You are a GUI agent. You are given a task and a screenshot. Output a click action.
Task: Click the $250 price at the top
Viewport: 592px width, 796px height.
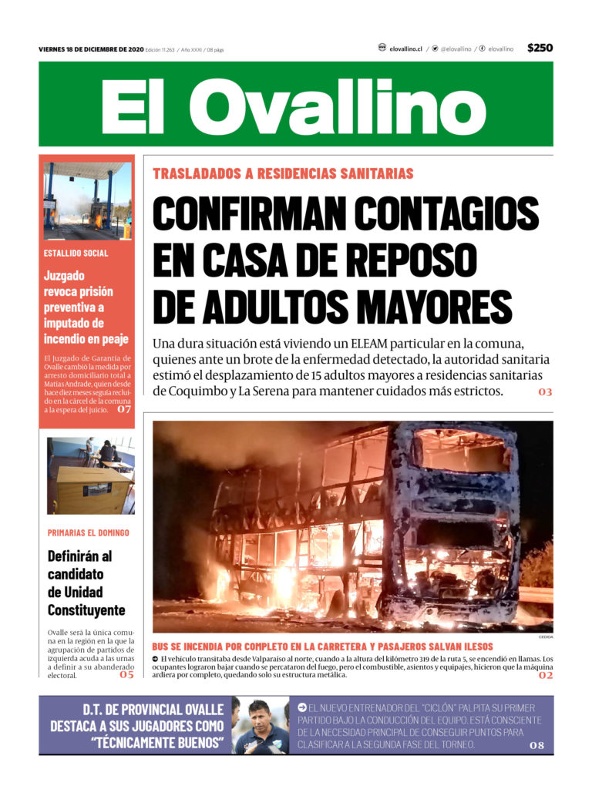tap(540, 48)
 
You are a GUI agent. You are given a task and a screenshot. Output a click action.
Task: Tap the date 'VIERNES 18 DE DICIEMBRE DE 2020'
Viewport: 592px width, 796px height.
tap(91, 49)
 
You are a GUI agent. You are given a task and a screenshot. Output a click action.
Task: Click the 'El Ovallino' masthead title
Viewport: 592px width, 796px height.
tap(295, 105)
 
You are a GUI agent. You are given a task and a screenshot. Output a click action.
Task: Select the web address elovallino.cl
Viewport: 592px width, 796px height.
tap(405, 49)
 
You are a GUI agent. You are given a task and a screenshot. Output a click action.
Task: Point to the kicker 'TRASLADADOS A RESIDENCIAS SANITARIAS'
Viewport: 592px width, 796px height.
tap(283, 174)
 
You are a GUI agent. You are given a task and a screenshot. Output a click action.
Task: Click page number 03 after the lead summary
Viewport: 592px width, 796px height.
tap(545, 392)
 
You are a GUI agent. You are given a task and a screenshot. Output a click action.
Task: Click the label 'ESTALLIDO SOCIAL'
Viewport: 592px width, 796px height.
tap(76, 253)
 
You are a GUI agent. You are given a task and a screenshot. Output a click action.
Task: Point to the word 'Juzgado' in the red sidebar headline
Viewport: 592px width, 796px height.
tap(64, 275)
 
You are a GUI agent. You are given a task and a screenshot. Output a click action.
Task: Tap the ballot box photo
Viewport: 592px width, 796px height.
tap(90, 475)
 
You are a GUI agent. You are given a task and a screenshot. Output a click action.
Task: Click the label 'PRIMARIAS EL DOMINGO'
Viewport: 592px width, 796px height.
tap(88, 532)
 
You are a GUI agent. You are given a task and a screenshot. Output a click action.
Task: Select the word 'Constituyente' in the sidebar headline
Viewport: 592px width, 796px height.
tap(86, 610)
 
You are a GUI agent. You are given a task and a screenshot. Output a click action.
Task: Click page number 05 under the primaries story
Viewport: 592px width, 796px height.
tap(126, 675)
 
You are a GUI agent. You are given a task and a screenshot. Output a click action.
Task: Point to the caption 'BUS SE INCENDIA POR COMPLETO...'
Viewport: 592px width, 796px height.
tap(322, 647)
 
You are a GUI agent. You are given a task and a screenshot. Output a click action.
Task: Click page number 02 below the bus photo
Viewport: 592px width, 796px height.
tap(545, 675)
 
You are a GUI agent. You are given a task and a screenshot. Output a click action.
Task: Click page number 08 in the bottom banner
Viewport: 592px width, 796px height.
tap(536, 746)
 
